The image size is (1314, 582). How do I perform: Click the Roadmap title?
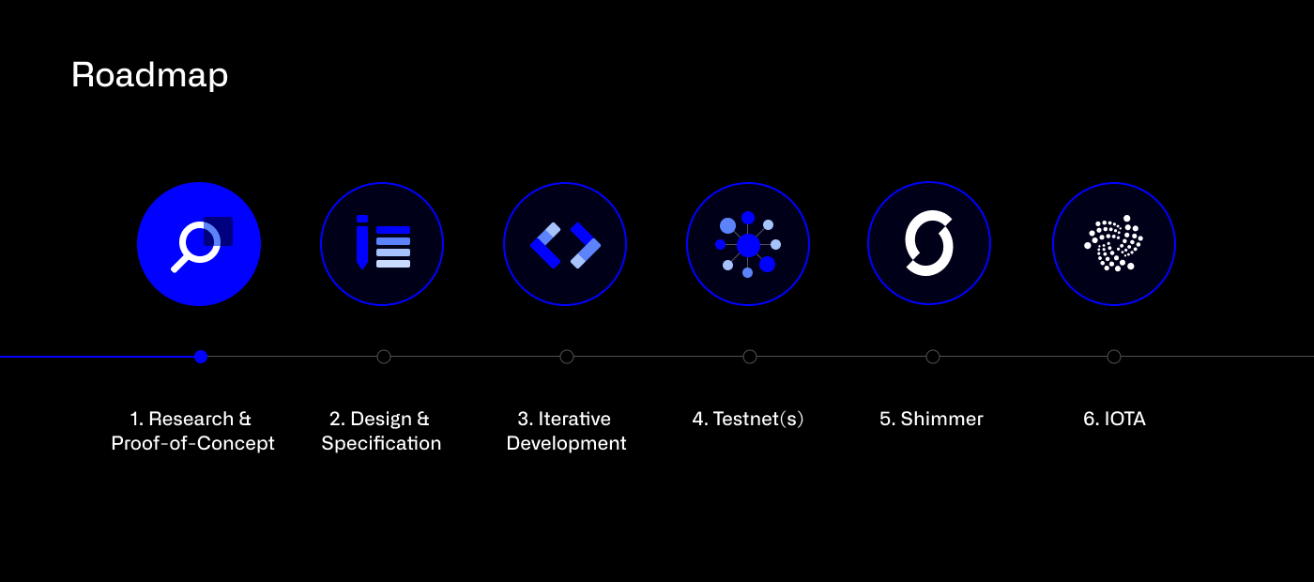[149, 75]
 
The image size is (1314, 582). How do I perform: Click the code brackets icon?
[565, 245]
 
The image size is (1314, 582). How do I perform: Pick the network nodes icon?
[748, 245]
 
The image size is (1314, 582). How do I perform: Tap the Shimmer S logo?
[929, 244]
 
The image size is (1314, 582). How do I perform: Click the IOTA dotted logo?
[1113, 244]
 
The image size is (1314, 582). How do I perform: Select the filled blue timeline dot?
[200, 357]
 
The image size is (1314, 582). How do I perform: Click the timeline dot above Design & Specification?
[383, 357]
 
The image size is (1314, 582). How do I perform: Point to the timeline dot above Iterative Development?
[566, 357]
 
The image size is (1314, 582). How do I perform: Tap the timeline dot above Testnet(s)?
[749, 357]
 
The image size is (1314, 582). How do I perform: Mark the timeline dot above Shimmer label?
[932, 357]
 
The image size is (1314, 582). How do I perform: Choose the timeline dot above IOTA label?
[1113, 357]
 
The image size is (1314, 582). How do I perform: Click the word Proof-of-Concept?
[192, 443]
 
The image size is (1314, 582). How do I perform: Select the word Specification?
[381, 443]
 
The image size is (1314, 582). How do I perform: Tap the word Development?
[566, 443]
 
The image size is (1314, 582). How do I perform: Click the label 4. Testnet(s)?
[748, 419]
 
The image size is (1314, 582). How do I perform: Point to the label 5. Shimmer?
[931, 419]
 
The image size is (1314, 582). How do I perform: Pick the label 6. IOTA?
[1114, 419]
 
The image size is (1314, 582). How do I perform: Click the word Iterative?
[574, 419]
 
